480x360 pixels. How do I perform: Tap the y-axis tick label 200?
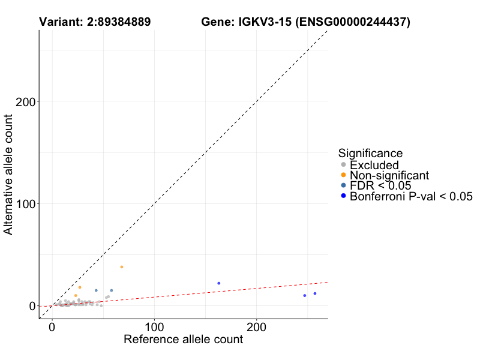(x=23, y=101)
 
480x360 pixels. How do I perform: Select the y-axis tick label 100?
(x=23, y=203)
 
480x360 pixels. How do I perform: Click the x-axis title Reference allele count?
(x=183, y=340)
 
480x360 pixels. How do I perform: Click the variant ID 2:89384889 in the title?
(x=114, y=22)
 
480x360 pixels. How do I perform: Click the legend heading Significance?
(x=370, y=153)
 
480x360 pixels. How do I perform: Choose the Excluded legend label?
(x=374, y=165)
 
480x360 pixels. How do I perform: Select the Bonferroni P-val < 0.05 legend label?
(x=412, y=196)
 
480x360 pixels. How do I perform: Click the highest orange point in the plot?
(x=122, y=266)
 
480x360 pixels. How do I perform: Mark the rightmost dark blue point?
(x=315, y=293)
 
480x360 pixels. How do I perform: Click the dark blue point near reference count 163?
(x=219, y=283)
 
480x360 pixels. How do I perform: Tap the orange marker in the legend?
(x=343, y=175)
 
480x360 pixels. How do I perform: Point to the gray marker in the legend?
(x=343, y=165)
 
